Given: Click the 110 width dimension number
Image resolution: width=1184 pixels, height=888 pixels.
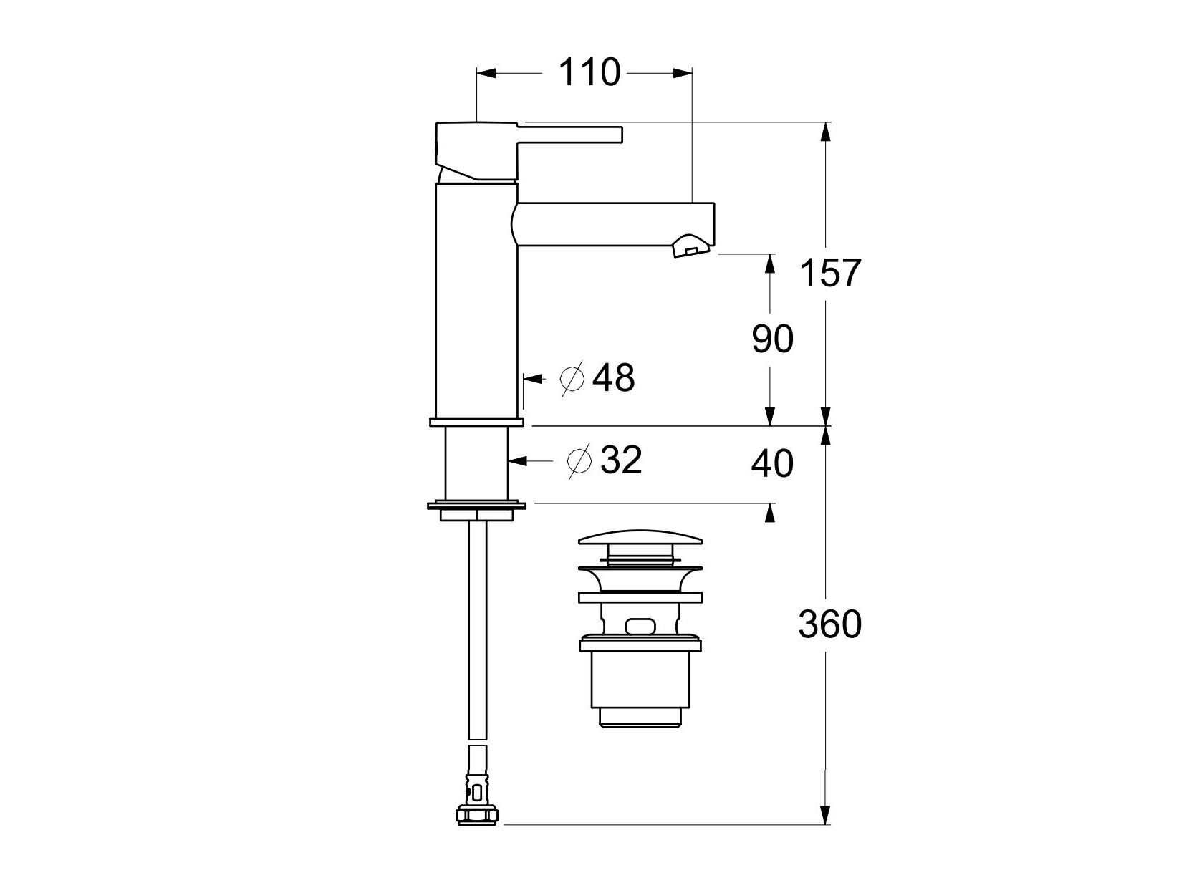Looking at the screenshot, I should (588, 73).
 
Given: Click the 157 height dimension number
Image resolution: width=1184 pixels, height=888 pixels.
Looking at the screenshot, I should (829, 274).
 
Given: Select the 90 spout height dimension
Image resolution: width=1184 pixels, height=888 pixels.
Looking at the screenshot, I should (772, 339).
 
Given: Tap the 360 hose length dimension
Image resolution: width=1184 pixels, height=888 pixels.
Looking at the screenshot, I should (829, 625).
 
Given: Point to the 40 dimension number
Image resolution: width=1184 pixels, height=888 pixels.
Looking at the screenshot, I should (772, 464).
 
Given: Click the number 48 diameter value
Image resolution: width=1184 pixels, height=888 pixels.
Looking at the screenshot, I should (614, 377).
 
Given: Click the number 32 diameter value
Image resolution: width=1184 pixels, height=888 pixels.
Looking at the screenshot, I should (620, 460).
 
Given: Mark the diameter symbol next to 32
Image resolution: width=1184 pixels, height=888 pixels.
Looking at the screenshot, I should (579, 461).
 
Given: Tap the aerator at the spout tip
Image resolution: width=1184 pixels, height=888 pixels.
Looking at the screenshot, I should (690, 246).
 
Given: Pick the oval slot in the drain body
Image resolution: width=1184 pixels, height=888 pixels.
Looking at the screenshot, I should (640, 627).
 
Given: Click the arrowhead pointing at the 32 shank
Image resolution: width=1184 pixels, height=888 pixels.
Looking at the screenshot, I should (516, 461).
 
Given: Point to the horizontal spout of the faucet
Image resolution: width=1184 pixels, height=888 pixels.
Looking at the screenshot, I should (616, 223).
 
